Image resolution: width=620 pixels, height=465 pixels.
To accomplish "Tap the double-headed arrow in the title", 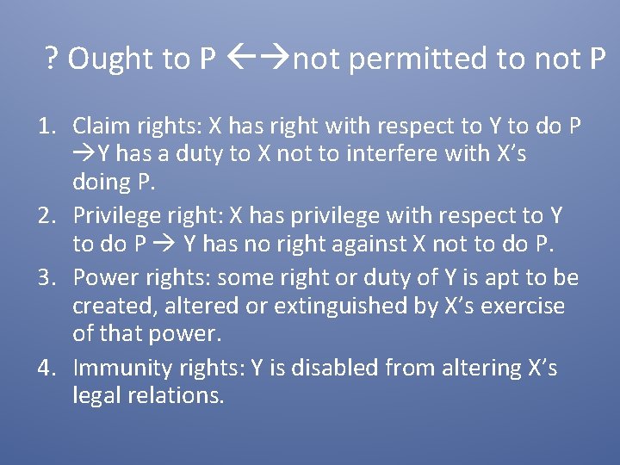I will click(263, 59).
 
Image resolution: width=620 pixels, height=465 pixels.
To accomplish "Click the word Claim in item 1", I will click(102, 127).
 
